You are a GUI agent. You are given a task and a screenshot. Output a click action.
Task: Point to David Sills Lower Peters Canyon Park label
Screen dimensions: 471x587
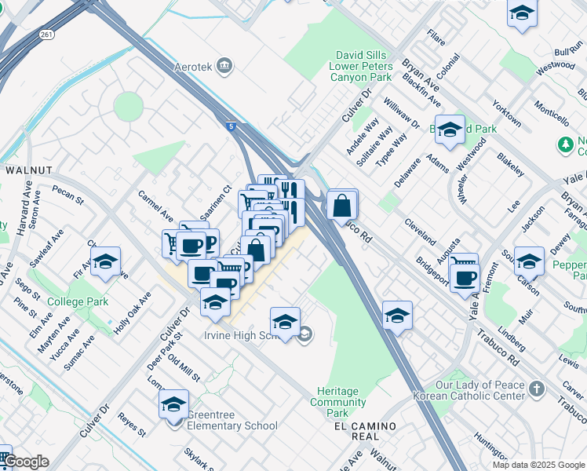point(363,67)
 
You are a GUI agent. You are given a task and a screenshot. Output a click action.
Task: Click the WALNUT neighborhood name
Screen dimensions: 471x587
point(29,170)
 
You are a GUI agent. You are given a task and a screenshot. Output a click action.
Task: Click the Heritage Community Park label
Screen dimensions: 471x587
point(338,402)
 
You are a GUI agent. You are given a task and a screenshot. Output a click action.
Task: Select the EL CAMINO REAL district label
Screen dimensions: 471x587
point(365,425)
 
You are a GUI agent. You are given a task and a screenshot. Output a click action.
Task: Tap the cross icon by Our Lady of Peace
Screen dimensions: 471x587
point(537,389)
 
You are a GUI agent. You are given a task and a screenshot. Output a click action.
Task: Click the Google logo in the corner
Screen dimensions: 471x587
point(26,462)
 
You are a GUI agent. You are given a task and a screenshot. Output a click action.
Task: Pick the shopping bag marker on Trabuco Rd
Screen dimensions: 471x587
point(341,206)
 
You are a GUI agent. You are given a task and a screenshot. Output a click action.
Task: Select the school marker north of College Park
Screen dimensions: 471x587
point(104,263)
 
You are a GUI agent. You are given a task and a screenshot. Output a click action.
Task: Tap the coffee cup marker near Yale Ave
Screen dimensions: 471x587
point(466,277)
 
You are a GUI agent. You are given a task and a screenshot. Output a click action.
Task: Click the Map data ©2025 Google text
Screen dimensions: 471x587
point(538,465)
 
